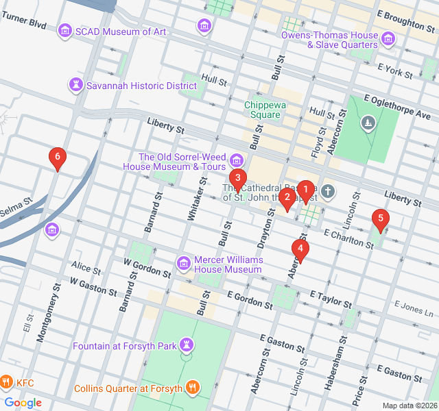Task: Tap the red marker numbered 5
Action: tap(379, 219)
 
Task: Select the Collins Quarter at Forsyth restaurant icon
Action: tap(194, 388)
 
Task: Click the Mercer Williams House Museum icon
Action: tap(183, 263)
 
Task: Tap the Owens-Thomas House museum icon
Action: tap(388, 39)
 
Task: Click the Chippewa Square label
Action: tap(263, 110)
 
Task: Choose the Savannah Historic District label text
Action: tap(141, 86)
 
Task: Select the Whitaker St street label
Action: tap(193, 199)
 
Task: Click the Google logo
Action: tap(23, 402)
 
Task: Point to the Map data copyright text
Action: tap(409, 406)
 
